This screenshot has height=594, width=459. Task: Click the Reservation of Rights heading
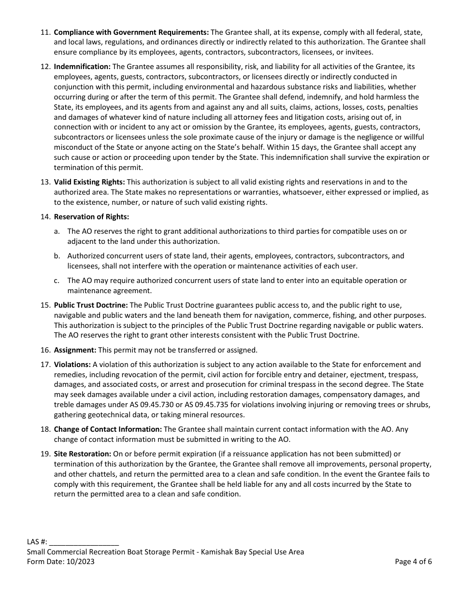91,217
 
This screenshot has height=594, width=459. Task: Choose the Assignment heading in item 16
75,350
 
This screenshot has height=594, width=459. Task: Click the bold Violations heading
72,365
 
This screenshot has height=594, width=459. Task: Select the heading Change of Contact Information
108,429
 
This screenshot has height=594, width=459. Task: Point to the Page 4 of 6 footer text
413,562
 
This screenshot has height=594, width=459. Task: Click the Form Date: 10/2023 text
61,562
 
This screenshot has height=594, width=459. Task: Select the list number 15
45,305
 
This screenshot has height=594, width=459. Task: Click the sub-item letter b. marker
57,256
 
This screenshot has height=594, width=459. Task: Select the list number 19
45,454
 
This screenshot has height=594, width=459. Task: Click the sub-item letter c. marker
57,281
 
